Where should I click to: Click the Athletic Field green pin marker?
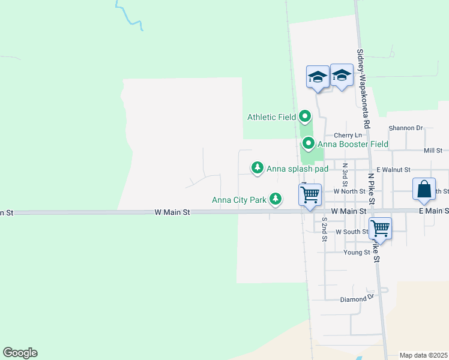coord(305,116)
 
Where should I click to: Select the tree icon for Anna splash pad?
coord(258,167)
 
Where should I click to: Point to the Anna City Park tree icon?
coord(276,198)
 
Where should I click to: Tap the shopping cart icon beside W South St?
coord(380,228)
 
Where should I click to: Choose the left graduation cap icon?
coord(318,76)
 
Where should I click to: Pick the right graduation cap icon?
coord(342,76)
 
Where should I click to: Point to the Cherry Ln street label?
coord(349,136)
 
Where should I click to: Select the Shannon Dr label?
coord(406,128)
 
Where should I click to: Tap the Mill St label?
coord(433,151)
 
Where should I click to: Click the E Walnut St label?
coord(393,170)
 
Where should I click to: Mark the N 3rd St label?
coord(345,175)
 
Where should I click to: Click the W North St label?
coord(349,191)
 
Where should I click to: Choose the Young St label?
coord(357,253)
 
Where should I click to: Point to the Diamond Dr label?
coord(357,299)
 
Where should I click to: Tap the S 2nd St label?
coord(324,229)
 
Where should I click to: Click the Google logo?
coord(20,353)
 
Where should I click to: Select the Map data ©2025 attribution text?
coord(423,355)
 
